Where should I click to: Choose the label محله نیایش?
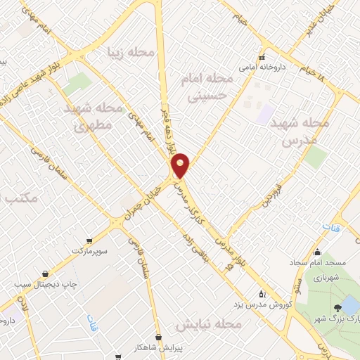tap(208, 325)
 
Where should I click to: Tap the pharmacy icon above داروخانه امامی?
tap(262, 57)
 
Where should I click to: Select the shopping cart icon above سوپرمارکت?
tap(88, 240)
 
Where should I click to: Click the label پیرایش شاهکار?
tap(158, 347)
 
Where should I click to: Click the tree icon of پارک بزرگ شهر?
tap(337, 307)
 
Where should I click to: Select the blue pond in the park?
tap(349, 304)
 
